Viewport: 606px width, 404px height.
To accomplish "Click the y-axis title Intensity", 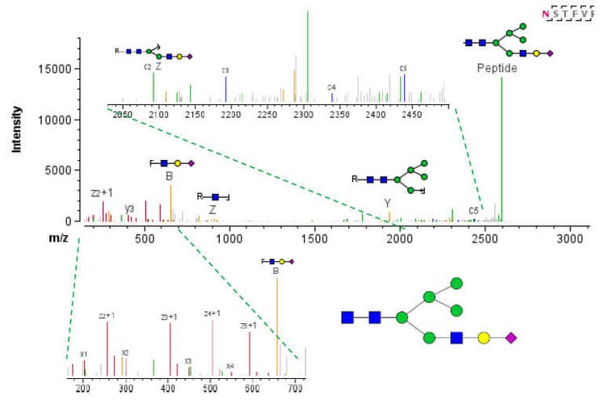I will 15,129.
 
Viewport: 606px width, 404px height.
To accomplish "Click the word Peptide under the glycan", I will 496,69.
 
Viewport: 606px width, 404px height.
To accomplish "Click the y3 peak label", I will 129,208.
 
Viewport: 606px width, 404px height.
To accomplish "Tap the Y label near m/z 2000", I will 387,203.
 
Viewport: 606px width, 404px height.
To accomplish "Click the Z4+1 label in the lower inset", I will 213,314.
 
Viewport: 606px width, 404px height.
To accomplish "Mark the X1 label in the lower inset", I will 83,354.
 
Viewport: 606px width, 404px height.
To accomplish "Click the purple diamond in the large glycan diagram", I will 511,337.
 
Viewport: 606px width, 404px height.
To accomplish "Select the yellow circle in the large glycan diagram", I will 484,337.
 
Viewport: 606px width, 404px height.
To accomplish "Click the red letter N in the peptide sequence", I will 547,15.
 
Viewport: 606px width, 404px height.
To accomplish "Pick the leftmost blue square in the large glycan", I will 347,317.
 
